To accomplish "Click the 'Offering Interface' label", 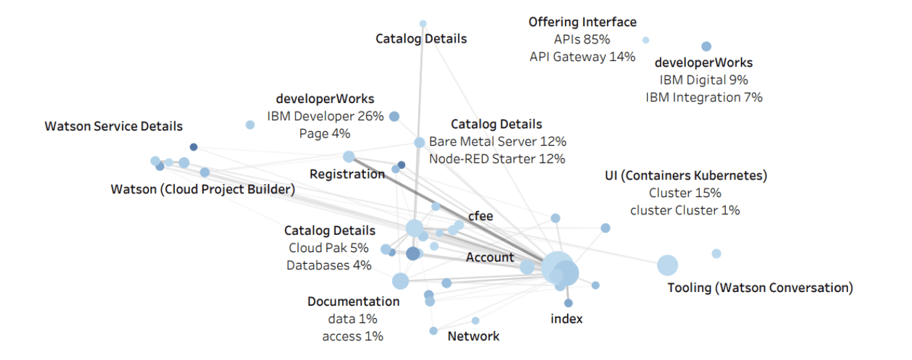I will (x=582, y=23).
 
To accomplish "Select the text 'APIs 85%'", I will (x=582, y=40).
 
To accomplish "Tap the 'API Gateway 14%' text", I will (x=582, y=57).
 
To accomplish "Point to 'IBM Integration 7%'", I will (x=703, y=98).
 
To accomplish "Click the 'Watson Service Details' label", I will (x=113, y=126).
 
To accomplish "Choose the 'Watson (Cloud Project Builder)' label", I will (x=203, y=189).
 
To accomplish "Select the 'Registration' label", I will (x=347, y=174).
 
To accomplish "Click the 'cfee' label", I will (x=481, y=216).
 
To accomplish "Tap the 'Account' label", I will (x=490, y=258).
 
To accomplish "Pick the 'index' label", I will (x=567, y=319).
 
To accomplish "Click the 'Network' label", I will (x=473, y=336).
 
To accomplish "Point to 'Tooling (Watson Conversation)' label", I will (x=760, y=287).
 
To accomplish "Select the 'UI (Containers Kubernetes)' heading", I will (x=685, y=176).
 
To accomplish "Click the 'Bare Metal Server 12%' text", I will (x=497, y=142).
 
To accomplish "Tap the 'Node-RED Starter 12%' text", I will (x=497, y=159).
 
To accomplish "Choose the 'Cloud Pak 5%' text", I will (x=328, y=248).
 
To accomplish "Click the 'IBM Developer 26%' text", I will (x=325, y=116).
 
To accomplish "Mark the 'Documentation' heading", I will (x=353, y=302).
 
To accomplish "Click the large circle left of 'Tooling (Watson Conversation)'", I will (x=667, y=265).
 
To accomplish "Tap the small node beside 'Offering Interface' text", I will (x=646, y=40).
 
